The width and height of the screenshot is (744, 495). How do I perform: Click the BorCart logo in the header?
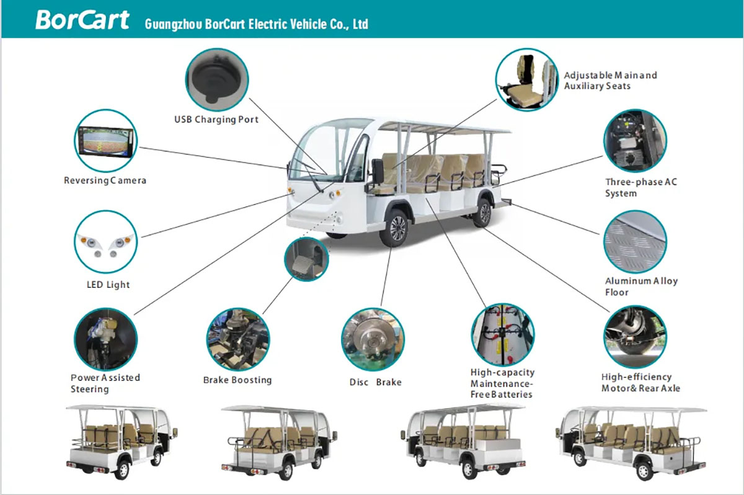point(82,20)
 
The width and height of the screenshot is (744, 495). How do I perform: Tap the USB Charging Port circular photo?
point(217,79)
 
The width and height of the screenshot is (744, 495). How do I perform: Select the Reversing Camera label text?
point(105,181)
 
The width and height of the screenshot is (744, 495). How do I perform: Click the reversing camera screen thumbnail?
point(105,141)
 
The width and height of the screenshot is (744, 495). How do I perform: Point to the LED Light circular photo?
point(105,242)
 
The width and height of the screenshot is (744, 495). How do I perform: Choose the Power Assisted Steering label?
point(105,383)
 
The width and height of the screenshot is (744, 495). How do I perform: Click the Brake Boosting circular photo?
point(237,339)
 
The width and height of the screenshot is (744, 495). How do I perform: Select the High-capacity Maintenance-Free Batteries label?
point(502,383)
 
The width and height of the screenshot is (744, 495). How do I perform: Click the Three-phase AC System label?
point(641,187)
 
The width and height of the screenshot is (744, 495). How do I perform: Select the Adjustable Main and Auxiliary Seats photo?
point(526,79)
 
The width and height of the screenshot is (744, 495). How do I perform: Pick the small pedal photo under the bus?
point(306,259)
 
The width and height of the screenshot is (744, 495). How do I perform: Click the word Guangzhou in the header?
point(170,24)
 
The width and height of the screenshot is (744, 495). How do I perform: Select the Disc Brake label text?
point(375,382)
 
